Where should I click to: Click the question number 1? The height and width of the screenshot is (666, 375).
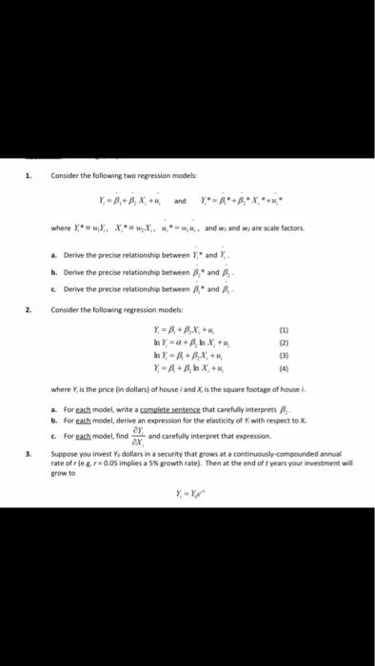[30, 175]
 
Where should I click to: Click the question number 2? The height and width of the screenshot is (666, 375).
[30, 310]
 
